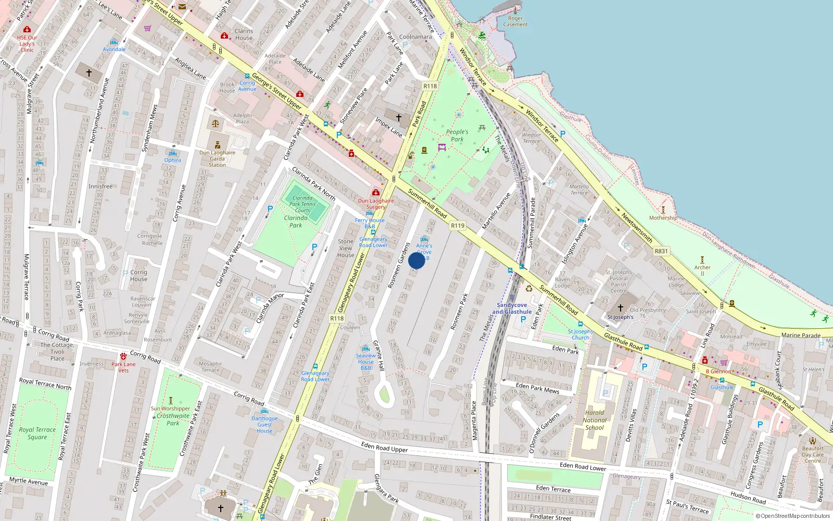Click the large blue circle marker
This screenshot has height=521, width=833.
click(x=416, y=260)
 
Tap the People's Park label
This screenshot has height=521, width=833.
click(x=457, y=135)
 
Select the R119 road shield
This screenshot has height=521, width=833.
click(x=458, y=226)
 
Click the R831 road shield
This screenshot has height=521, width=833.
click(x=661, y=251)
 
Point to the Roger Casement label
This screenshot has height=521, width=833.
click(x=515, y=21)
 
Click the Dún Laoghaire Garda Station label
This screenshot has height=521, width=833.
click(x=217, y=159)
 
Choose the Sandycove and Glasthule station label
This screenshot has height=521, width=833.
click(x=512, y=308)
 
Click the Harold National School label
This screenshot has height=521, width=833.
click(x=595, y=420)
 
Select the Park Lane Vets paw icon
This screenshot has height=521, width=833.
click(x=123, y=356)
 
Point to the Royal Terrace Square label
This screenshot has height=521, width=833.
click(x=37, y=433)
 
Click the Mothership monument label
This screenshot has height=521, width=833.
click(x=663, y=218)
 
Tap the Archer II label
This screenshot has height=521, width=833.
click(x=702, y=270)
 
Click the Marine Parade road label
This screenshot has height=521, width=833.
click(x=801, y=336)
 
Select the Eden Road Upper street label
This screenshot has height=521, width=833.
click(x=384, y=447)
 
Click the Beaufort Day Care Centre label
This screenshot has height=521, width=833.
click(x=813, y=454)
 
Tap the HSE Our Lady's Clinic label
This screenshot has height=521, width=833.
click(x=27, y=44)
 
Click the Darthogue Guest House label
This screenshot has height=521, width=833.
click(x=264, y=425)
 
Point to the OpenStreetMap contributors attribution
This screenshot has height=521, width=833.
click(x=795, y=516)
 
